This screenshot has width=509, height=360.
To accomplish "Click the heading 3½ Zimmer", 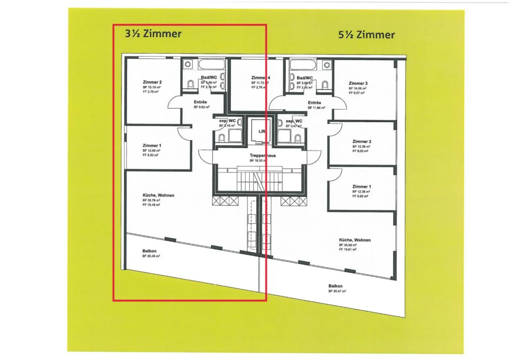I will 153,34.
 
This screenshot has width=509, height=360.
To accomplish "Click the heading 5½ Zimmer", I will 366,35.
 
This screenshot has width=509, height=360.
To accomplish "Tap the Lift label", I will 262,131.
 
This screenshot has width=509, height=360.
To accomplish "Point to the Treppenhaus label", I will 262,156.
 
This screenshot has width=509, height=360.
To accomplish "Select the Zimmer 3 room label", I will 358,83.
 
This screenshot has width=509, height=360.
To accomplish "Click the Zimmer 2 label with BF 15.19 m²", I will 152,82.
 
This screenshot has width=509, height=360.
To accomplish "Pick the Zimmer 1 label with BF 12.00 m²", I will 152,145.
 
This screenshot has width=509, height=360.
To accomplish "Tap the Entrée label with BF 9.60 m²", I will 200,102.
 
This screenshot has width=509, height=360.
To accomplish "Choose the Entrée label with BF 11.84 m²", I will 314,103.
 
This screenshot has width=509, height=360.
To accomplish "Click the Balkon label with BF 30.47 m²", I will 335,286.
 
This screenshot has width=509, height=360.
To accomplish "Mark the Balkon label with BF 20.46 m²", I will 150,251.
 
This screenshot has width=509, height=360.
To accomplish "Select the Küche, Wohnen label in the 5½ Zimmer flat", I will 355,240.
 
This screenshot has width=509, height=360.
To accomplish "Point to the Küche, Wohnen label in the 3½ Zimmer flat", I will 158,195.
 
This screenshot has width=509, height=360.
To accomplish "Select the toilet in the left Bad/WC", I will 191,84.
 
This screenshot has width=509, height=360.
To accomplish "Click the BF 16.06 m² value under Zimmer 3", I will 357,88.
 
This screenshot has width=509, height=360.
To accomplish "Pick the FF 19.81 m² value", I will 347,249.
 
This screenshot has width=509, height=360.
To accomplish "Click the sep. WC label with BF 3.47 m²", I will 294,121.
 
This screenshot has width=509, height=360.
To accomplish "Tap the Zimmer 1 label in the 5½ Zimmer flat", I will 362,186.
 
